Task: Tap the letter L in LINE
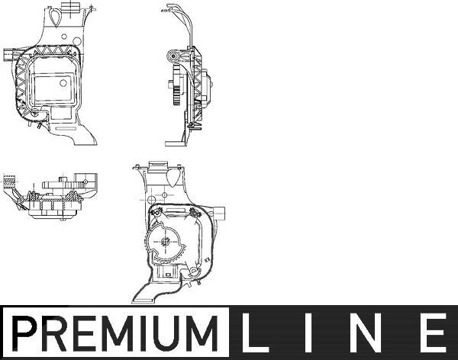click(253, 333)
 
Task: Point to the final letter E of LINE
click(433, 333)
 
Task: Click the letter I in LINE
click(308, 333)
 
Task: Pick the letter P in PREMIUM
click(24, 333)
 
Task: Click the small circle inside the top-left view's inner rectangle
click(63, 83)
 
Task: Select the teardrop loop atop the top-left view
click(54, 17)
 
